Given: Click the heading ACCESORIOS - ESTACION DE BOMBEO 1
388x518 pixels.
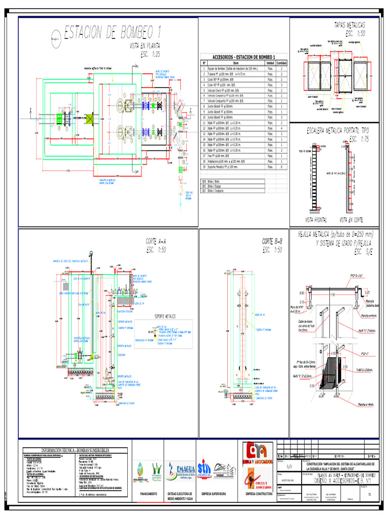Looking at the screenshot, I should point(244,57).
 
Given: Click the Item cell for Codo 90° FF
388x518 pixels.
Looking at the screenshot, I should point(227,79).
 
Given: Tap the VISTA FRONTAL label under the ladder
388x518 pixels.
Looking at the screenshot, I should point(316,220).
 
